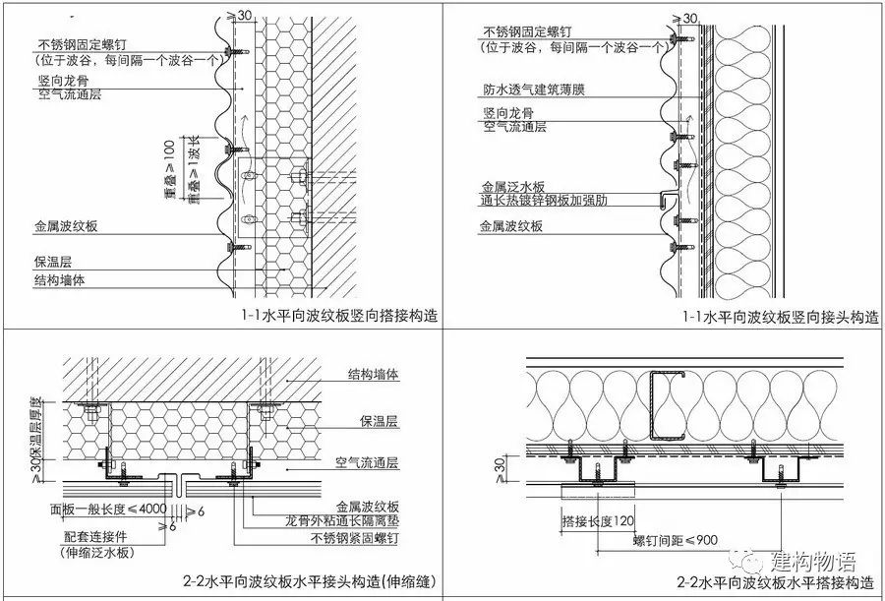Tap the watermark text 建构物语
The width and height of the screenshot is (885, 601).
[x=813, y=561]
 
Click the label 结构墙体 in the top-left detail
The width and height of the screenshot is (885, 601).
[x=60, y=280]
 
